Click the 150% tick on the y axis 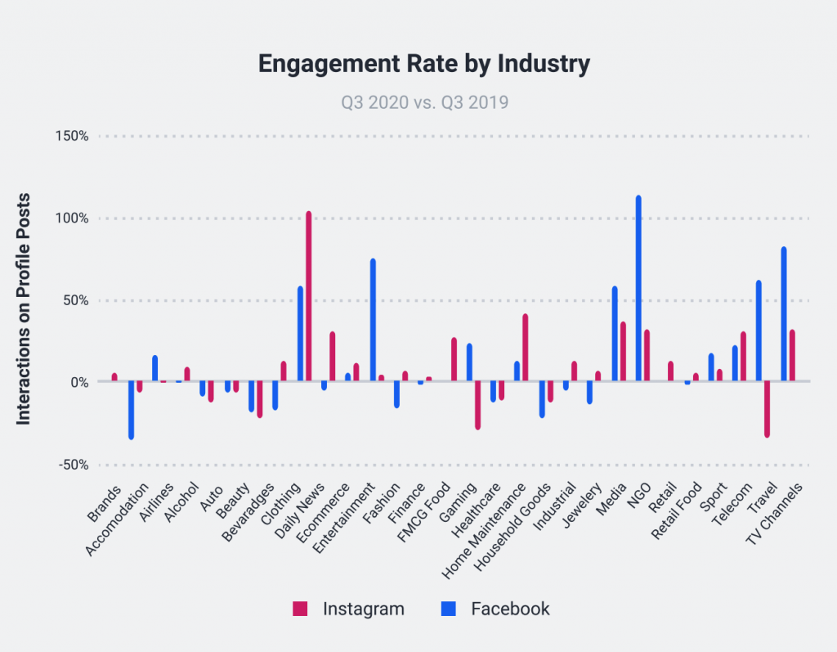71,136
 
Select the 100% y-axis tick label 71,218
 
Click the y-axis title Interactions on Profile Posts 24,308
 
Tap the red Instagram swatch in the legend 300,609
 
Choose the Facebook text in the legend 510,609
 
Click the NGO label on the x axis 638,496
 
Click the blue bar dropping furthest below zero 131,410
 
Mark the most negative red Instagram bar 767,408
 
